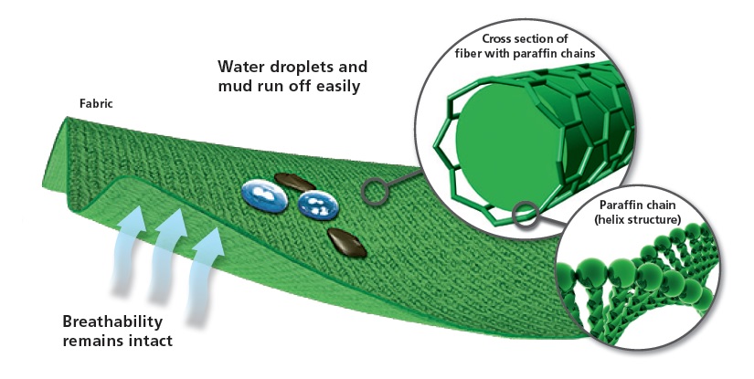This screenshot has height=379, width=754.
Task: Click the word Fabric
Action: (97, 103)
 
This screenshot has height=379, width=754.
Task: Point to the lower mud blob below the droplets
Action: (345, 241)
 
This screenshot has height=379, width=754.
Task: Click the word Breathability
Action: (113, 322)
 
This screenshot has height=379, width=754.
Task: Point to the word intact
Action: (151, 342)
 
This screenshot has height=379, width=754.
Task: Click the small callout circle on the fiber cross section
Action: (525, 215)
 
